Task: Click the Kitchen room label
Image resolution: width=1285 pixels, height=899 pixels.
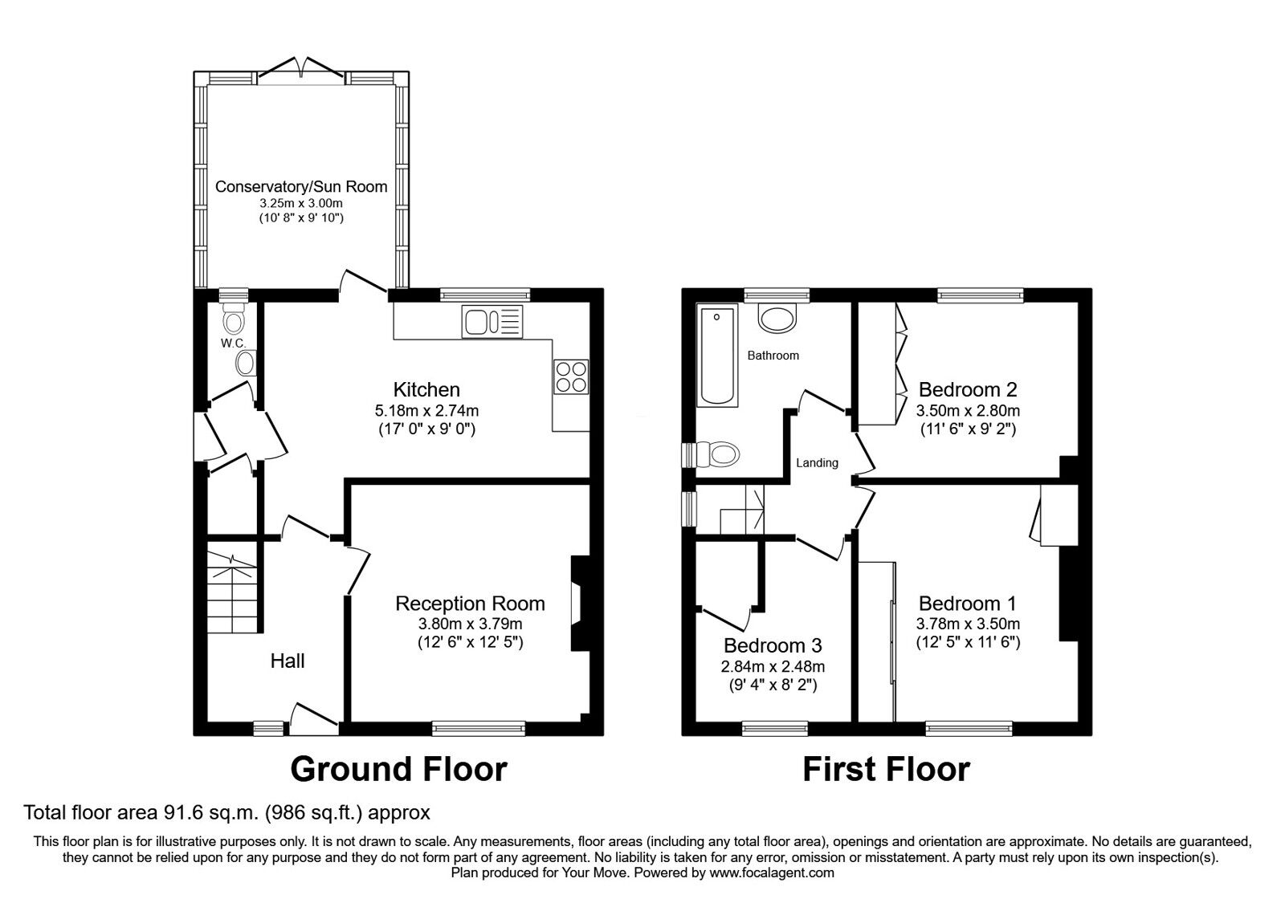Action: click(426, 390)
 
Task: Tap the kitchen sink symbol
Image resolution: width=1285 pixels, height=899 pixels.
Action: click(492, 322)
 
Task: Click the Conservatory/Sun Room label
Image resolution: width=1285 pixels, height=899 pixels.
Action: click(301, 187)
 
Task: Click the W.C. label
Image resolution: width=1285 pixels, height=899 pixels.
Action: click(233, 344)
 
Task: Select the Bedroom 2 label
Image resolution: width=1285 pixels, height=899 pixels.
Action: click(968, 390)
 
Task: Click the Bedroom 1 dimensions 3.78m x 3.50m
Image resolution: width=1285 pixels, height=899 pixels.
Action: click(968, 624)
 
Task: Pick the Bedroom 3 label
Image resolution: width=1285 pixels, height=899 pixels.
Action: click(773, 645)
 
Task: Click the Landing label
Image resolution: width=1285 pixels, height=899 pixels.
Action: click(817, 463)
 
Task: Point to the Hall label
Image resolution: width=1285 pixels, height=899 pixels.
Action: click(288, 661)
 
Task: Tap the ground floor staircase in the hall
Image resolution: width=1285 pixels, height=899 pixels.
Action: click(234, 590)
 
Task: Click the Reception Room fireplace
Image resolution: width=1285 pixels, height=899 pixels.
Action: click(577, 602)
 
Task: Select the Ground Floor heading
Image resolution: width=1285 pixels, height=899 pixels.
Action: click(398, 769)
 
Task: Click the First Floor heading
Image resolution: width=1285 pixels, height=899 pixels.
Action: click(886, 769)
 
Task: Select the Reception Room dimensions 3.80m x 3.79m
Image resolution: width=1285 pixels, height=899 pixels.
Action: click(470, 624)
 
